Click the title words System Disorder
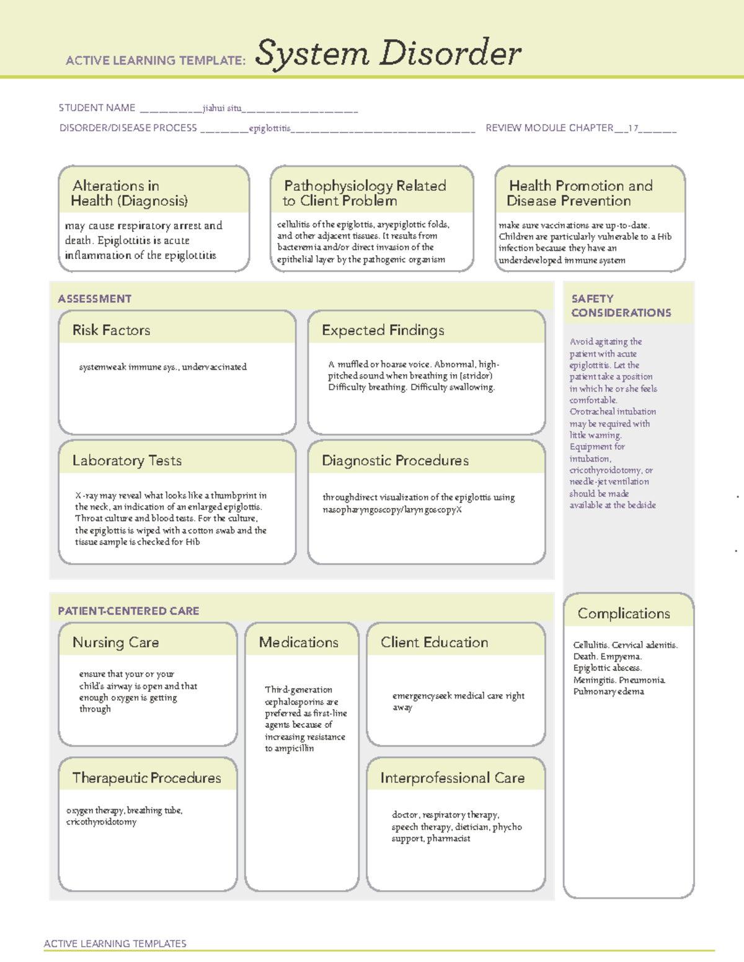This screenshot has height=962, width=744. [387, 53]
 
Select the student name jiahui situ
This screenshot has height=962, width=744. [222, 108]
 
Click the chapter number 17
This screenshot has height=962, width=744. [633, 128]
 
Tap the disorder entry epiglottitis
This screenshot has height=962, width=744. [270, 128]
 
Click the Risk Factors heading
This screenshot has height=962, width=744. [111, 330]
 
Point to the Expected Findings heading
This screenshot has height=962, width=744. [383, 330]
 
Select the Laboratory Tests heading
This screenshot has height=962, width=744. [126, 460]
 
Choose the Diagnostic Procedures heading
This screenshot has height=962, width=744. [395, 460]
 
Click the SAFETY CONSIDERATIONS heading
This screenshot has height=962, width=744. [621, 305]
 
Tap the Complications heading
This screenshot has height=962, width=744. [623, 613]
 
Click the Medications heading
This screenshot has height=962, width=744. [298, 642]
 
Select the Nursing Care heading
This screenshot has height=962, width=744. [115, 642]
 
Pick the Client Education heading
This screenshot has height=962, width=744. [434, 642]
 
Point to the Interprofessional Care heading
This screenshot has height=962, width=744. [452, 777]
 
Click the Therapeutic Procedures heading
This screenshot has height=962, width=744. [146, 777]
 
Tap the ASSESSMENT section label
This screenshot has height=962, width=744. [94, 299]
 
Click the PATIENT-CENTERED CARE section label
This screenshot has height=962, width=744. [128, 611]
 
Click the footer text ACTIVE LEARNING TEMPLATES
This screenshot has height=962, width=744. [115, 943]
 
